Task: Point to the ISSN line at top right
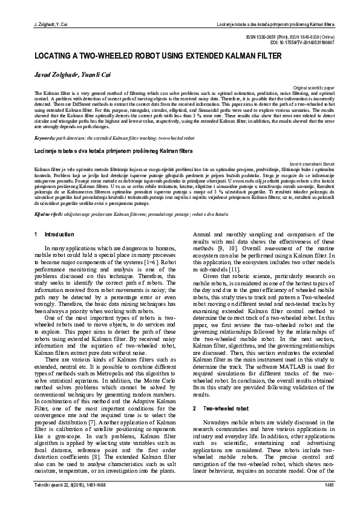pyautogui.click(x=299, y=37)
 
